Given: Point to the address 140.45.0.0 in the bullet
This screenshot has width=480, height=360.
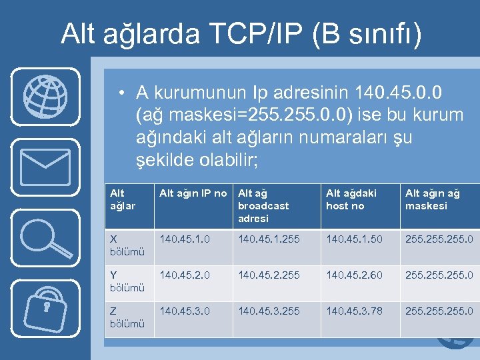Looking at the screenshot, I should pos(403,91).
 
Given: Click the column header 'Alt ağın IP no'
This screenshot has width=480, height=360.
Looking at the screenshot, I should pos(193,193).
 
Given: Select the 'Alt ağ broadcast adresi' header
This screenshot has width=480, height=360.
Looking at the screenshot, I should pos(263,205).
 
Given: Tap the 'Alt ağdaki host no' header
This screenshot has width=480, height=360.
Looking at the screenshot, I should pos(351,199).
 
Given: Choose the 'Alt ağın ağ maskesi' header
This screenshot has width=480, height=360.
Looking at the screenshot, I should pos(433,199).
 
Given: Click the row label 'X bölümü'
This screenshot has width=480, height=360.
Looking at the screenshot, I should pos(127,244).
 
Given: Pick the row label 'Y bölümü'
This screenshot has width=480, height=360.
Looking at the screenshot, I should pos(127,281).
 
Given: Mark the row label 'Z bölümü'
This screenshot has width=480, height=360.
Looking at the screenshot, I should pos(127,317).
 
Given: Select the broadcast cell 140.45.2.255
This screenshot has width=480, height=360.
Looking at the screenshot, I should pos(269,275).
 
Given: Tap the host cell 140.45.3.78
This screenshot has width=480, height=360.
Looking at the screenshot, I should pos(354,311).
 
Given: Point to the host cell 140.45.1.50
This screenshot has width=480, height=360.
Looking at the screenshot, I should pos(354,238).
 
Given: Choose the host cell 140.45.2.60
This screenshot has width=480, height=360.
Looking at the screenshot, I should pos(354,275).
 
